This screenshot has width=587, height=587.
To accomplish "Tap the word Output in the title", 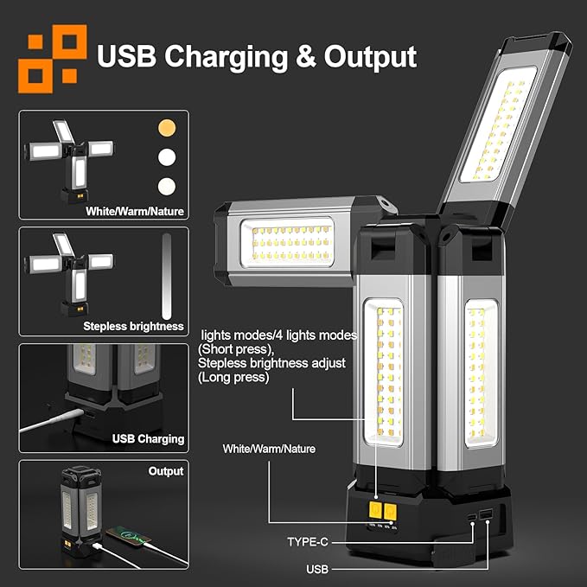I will coord(370,57).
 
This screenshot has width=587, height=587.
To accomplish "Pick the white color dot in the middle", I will coord(166,157).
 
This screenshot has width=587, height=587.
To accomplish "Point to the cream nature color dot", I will coord(166,185).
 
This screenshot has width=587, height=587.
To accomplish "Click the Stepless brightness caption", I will coord(133,326).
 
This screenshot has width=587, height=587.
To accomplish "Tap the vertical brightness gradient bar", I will coord(168,276).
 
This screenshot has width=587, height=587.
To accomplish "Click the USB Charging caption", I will coord(148,438).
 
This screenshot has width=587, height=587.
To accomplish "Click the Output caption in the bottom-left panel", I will coord(166,471).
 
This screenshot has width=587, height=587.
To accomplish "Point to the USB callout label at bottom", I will coord(317,570).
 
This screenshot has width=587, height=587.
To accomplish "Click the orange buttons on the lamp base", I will coord(383,509).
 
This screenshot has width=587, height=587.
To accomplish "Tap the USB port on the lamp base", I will coord(486,516).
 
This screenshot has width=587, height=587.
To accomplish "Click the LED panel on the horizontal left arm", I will coord(292,243).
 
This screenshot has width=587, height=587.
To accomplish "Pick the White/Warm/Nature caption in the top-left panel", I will coord(135,210).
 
